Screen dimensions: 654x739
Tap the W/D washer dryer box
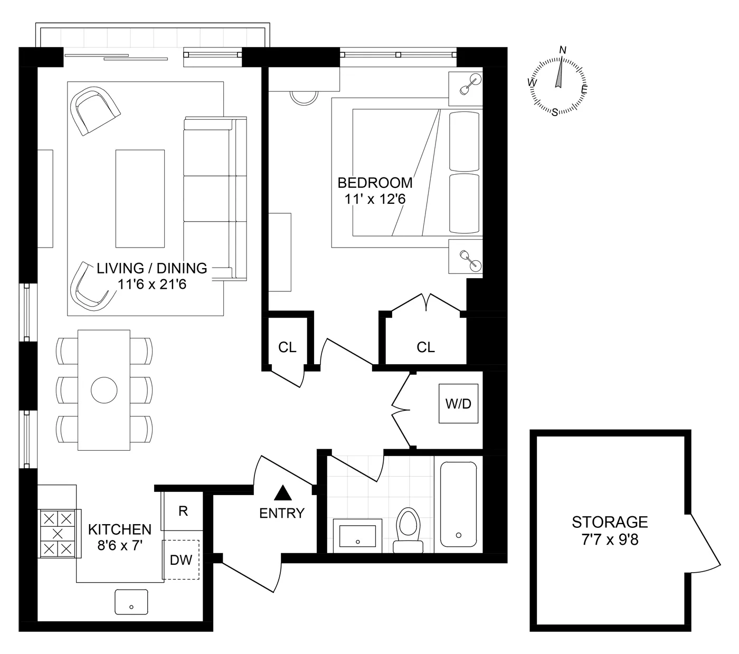click(x=458, y=404)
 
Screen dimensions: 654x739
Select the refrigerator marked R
click(x=183, y=511)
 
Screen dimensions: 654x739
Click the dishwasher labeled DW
click(x=181, y=560)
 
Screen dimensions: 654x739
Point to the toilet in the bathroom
click(x=407, y=528)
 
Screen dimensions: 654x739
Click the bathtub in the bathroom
click(x=458, y=504)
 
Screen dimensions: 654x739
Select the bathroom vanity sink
click(x=358, y=535)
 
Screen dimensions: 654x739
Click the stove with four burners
click(x=58, y=533)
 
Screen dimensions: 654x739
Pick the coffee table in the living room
click(x=140, y=198)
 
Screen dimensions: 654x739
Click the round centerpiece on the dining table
click(x=104, y=391)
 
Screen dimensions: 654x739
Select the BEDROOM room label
click(x=375, y=183)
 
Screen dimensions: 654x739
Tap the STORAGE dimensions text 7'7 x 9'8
click(x=610, y=540)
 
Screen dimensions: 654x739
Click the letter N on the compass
click(x=563, y=50)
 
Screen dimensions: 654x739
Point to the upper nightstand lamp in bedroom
click(x=470, y=84)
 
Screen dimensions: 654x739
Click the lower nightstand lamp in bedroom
click(x=470, y=259)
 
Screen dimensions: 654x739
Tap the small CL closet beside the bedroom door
click(x=287, y=347)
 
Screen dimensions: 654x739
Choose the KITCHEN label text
click(x=120, y=529)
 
